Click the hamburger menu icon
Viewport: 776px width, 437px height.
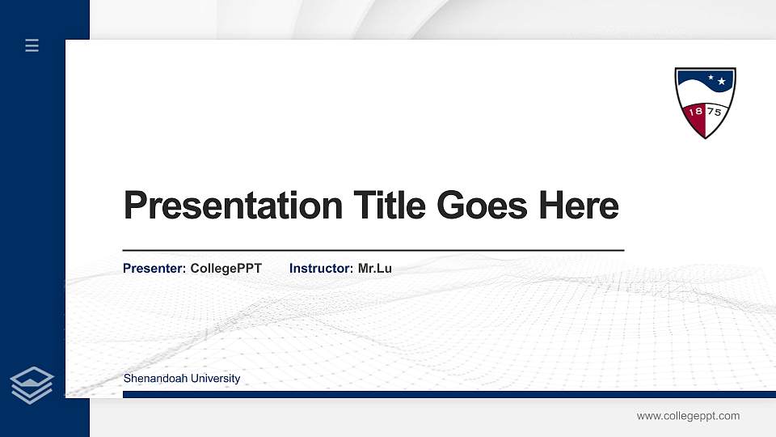tap(32, 45)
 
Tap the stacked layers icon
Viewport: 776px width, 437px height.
tap(32, 384)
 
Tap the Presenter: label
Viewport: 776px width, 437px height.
tap(154, 268)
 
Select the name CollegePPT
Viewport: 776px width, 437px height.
tap(226, 268)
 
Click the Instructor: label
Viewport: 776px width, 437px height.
tap(321, 268)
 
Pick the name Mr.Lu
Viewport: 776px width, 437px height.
tap(375, 268)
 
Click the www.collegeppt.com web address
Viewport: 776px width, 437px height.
tap(688, 416)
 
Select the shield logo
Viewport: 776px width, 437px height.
tap(705, 102)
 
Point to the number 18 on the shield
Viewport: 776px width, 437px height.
tap(694, 112)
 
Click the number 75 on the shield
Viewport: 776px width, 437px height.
tap(715, 112)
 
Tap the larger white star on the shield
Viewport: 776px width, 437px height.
tap(722, 82)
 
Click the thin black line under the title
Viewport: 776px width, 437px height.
tap(373, 251)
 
